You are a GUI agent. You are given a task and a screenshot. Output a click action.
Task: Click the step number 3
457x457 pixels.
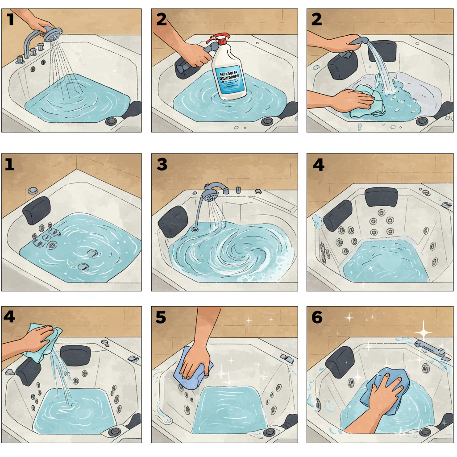click(x=162, y=165)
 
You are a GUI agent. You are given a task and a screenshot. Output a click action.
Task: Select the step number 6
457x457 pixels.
click(x=317, y=317)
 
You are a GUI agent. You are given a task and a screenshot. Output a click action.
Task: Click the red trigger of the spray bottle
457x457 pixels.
click(x=217, y=39)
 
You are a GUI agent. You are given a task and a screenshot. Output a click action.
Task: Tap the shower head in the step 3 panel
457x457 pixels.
click(x=210, y=194)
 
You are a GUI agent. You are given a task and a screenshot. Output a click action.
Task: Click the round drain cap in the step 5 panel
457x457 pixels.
click(x=269, y=432)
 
